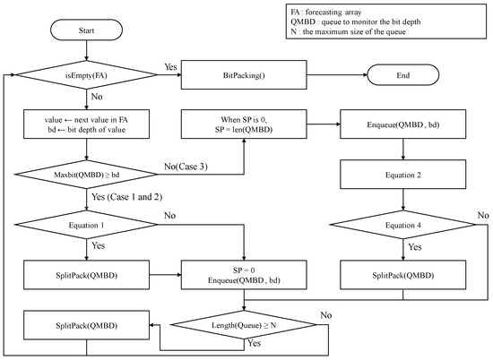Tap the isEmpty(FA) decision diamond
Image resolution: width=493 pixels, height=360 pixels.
coord(87,76)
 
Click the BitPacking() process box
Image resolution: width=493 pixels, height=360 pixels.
coord(245,76)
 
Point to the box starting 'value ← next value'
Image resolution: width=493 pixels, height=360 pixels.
coord(87,123)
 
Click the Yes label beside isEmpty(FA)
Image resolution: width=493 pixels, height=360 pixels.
coord(169,67)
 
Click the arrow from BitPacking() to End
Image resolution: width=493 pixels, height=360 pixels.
coord(336,76)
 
